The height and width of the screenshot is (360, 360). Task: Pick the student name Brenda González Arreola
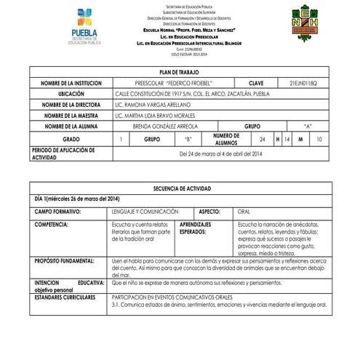point(166,126)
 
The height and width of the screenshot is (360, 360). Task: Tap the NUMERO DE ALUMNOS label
point(226,138)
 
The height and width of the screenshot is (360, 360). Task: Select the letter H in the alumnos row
point(277,138)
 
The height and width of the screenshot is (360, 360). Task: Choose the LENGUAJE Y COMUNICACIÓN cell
point(145,211)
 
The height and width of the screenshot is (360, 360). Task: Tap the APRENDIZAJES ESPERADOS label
point(196,228)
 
